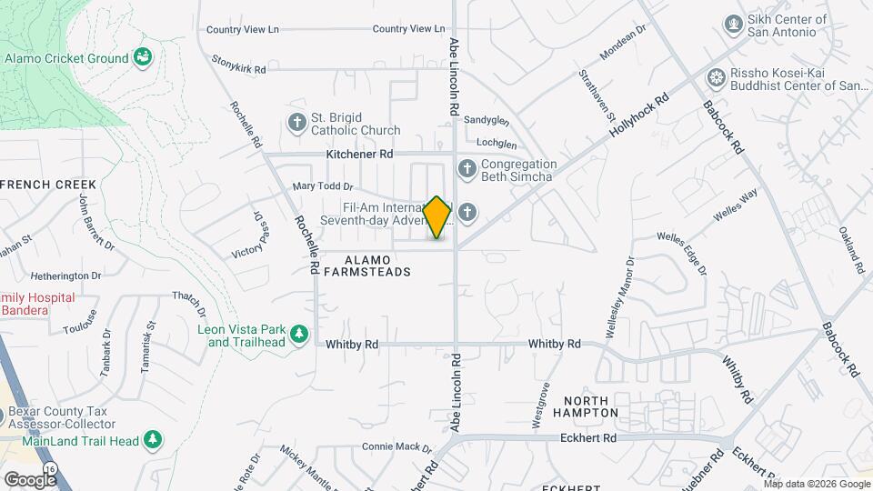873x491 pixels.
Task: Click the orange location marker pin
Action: [437, 217]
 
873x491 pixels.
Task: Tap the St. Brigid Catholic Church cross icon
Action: [296, 122]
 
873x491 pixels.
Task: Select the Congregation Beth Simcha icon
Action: [467, 168]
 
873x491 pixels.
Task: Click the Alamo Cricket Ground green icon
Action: [144, 57]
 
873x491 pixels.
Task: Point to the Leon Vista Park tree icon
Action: [299, 335]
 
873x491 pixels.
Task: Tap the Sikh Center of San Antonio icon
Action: [732, 23]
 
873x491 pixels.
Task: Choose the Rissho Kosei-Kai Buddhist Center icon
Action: [717, 76]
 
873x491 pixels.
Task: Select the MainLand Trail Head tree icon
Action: [153, 440]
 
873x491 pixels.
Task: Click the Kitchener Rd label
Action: [359, 155]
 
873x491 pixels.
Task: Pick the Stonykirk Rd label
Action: [238, 68]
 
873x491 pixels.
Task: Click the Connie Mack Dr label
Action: [396, 446]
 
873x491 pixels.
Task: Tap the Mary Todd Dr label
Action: [322, 186]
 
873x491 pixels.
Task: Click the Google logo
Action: [30, 479]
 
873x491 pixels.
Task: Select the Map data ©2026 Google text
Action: [816, 484]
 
